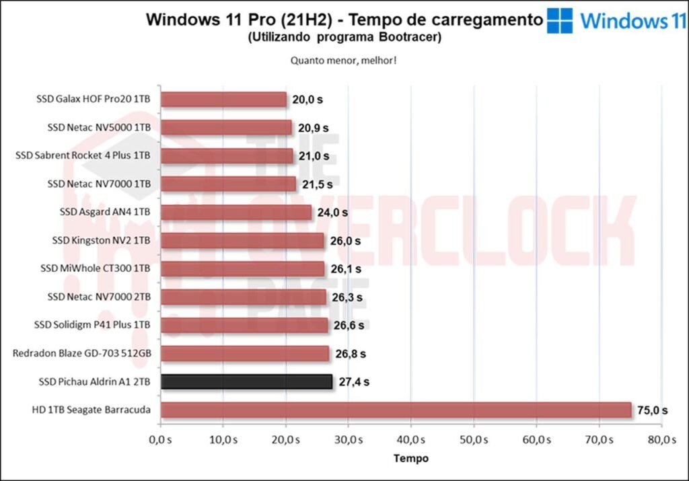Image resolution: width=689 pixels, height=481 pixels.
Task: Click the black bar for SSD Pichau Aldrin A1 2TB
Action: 246,381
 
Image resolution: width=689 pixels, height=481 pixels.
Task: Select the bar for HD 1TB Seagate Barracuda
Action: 396,410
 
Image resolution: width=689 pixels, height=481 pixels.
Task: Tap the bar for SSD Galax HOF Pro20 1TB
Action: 223,100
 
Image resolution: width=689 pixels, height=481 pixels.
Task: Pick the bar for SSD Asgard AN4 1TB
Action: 236,213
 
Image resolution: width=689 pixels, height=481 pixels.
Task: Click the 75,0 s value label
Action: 653,410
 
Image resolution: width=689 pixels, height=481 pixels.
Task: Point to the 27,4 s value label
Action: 353,381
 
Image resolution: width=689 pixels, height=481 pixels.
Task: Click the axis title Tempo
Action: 410,458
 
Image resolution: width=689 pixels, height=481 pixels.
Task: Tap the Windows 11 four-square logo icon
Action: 560,20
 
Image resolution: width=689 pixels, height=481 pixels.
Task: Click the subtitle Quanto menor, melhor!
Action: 343,60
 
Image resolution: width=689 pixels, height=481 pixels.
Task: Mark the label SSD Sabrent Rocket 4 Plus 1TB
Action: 83,155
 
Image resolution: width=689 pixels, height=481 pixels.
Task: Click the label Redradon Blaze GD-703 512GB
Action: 81,353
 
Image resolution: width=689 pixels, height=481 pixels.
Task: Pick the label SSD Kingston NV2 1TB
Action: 101,240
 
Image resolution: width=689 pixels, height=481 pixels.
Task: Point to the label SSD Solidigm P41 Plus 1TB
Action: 92,325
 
